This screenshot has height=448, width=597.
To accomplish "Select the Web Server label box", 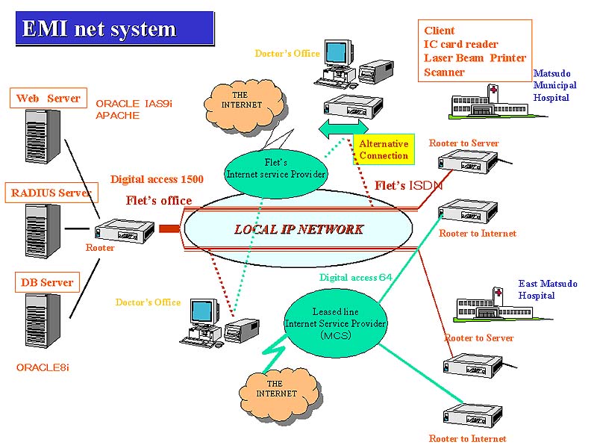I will (x=48, y=99).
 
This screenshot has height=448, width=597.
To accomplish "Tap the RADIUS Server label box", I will (x=51, y=193).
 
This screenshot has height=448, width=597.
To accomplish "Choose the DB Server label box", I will (x=46, y=282).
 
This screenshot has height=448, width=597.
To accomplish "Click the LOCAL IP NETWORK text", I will (x=298, y=229).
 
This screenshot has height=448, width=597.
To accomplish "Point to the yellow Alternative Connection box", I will (x=384, y=149).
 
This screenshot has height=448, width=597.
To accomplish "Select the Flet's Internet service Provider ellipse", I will (x=276, y=169).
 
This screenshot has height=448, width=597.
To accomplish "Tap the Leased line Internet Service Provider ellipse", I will (x=335, y=323).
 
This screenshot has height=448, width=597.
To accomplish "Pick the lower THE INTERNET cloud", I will (x=276, y=388).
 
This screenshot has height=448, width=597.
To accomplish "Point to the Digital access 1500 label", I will (x=157, y=179).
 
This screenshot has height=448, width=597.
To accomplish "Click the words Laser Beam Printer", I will (x=475, y=58).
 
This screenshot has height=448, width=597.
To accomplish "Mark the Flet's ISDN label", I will (x=408, y=185).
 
